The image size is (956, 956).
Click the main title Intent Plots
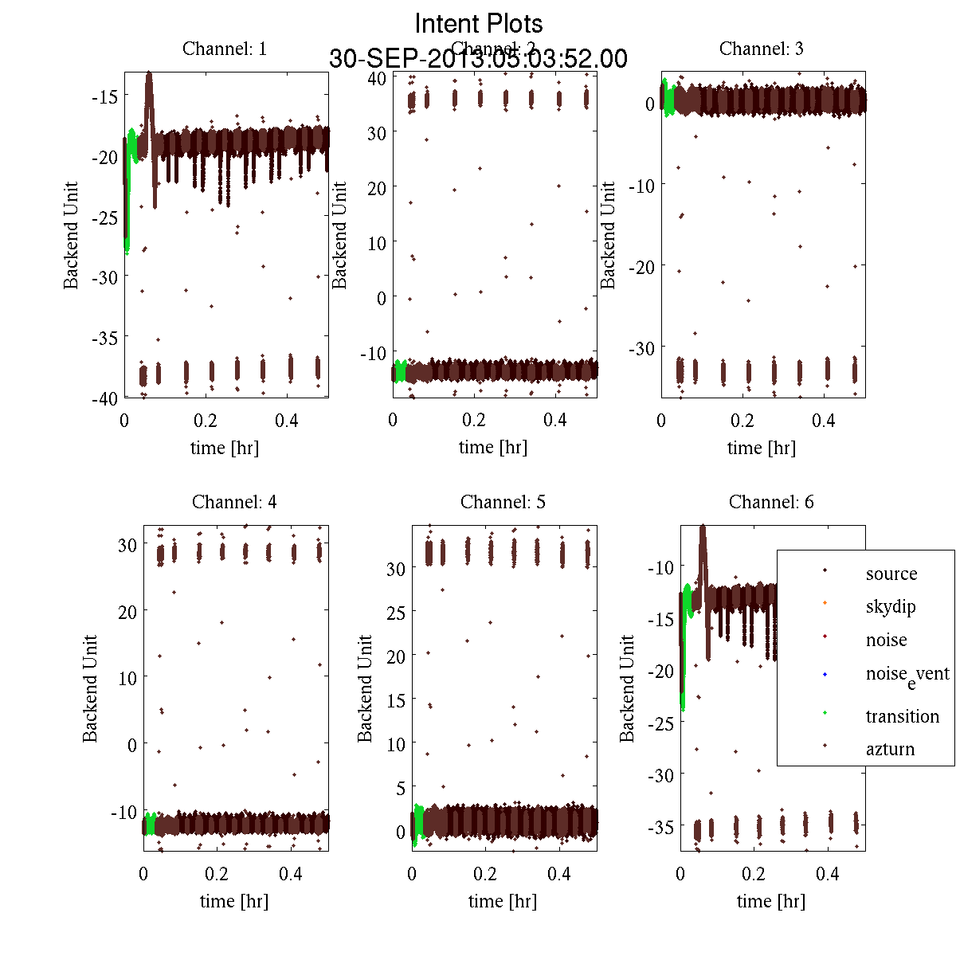(x=479, y=23)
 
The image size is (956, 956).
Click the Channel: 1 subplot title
(x=225, y=49)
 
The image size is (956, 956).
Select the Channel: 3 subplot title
(x=761, y=49)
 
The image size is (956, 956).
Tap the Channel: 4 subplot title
(x=234, y=502)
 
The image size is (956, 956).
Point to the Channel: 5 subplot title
(x=503, y=502)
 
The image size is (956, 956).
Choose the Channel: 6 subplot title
(x=771, y=502)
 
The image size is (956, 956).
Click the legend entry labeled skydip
(x=891, y=607)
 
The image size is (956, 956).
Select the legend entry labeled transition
(x=903, y=716)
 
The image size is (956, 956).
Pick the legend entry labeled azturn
(x=890, y=749)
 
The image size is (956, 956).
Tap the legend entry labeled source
(x=891, y=574)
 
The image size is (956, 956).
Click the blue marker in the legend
(x=825, y=675)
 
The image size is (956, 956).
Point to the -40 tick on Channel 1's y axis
(x=104, y=398)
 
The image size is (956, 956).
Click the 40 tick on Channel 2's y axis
(x=377, y=78)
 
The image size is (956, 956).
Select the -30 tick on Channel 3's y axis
(x=641, y=348)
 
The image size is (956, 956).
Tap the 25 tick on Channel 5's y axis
(x=395, y=613)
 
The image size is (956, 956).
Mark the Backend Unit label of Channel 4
(x=90, y=689)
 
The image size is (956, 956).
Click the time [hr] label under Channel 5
(x=503, y=901)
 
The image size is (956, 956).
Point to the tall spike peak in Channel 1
(x=149, y=74)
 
